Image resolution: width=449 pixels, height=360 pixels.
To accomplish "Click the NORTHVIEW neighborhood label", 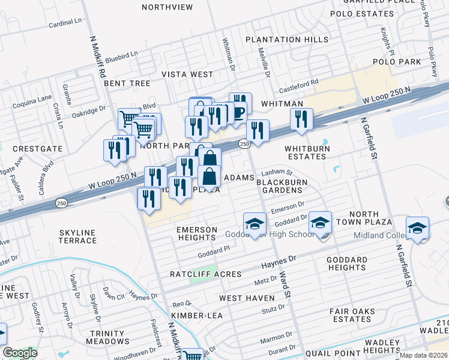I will (x=167, y=7).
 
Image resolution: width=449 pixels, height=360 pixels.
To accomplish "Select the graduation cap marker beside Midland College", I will (x=417, y=228).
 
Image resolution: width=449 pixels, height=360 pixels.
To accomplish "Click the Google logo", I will (x=20, y=353).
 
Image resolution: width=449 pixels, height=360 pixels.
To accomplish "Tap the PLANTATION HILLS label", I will (x=282, y=40).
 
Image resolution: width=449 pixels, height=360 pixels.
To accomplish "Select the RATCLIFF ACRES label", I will (x=205, y=274).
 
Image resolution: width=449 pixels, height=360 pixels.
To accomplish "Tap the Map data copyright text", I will (x=424, y=355).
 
